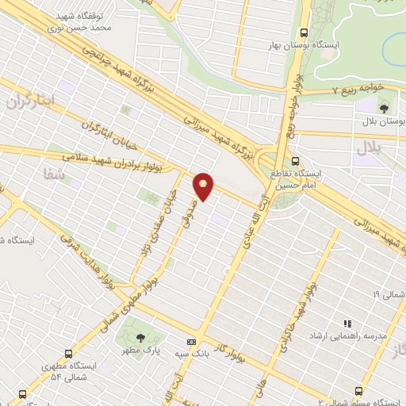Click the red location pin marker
tap(204, 186)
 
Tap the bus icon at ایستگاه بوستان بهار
tap(304, 33)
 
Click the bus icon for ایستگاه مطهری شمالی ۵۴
tap(69, 354)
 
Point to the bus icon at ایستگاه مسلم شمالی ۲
tap(359, 390)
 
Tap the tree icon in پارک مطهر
tap(142, 329)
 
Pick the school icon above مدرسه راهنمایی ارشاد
tap(347, 324)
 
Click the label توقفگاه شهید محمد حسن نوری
tap(92, 21)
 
